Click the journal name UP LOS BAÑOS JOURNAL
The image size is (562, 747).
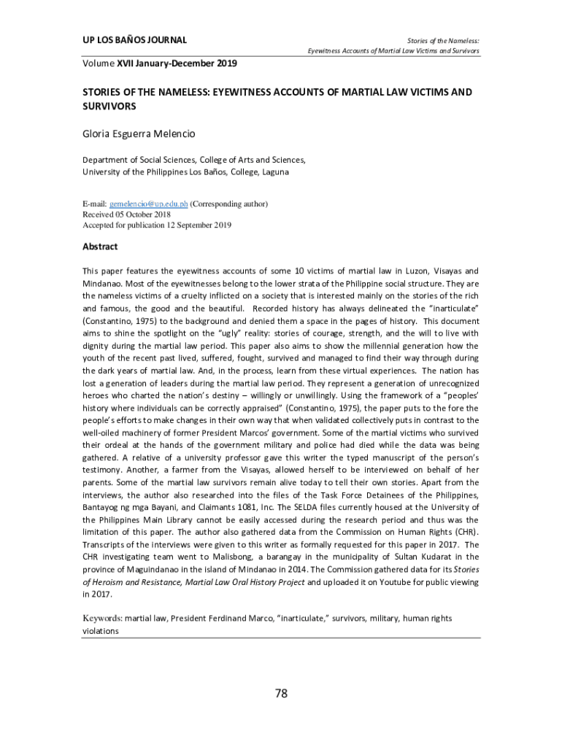click(x=134, y=39)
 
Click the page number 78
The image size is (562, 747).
click(x=281, y=694)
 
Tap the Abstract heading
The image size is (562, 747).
click(x=100, y=247)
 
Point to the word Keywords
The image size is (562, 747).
click(x=101, y=618)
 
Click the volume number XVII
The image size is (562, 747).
click(x=125, y=63)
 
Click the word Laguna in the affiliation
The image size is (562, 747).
click(x=270, y=172)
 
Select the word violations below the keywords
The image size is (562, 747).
click(x=100, y=630)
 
